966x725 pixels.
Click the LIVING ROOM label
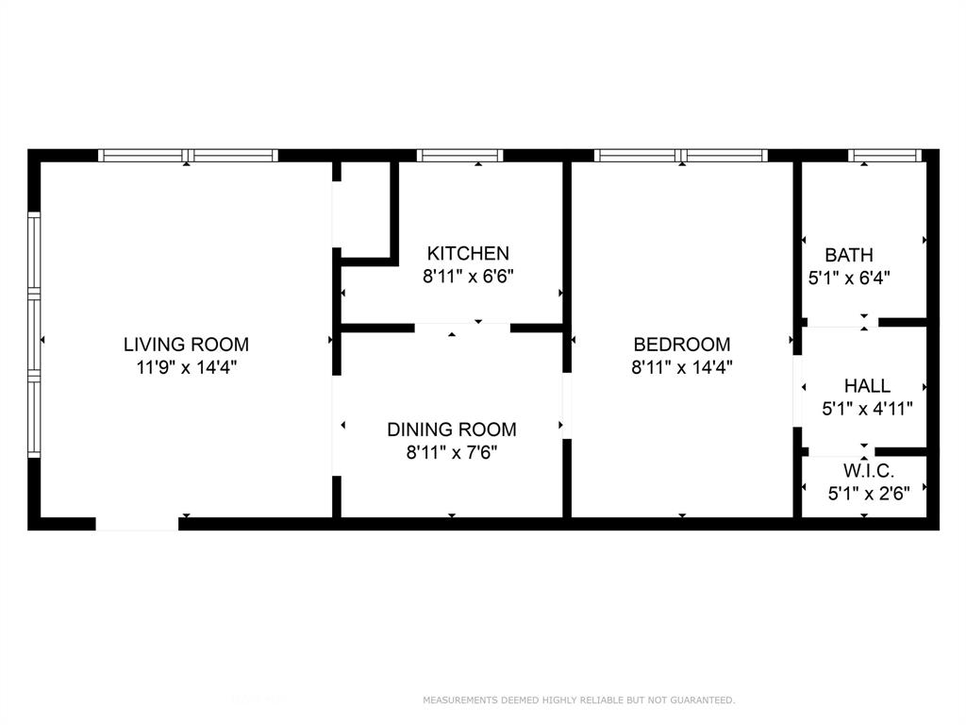(x=187, y=345)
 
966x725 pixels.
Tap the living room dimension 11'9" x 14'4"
(x=187, y=367)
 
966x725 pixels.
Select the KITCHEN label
(x=468, y=253)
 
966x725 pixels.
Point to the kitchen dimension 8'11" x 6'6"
(x=468, y=277)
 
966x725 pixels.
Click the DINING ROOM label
(x=452, y=430)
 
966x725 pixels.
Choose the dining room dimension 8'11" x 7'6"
(x=452, y=452)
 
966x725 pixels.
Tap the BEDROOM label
(x=682, y=345)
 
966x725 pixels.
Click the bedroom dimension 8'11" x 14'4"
(x=682, y=367)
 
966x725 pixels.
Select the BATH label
(x=849, y=255)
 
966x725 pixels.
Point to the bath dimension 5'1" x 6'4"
(x=849, y=278)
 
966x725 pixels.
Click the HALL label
(x=867, y=386)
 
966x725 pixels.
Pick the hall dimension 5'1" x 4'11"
(x=867, y=409)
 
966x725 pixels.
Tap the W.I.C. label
(x=868, y=470)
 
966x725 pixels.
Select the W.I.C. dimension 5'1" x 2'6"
(x=868, y=492)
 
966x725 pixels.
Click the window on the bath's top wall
(x=884, y=156)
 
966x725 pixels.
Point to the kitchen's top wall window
(x=459, y=156)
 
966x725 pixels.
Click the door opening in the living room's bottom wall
(x=137, y=523)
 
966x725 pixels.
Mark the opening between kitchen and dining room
(x=462, y=328)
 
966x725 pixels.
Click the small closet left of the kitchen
(x=363, y=208)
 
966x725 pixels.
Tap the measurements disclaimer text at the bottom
(x=578, y=700)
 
